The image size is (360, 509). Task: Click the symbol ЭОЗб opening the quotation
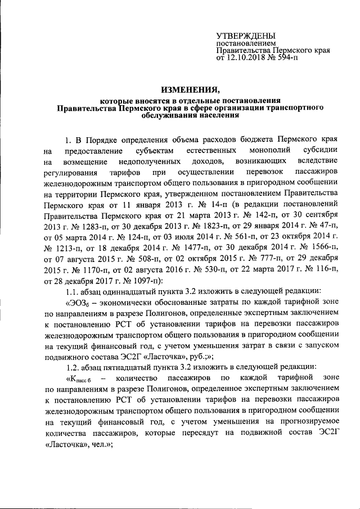point(79,304)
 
